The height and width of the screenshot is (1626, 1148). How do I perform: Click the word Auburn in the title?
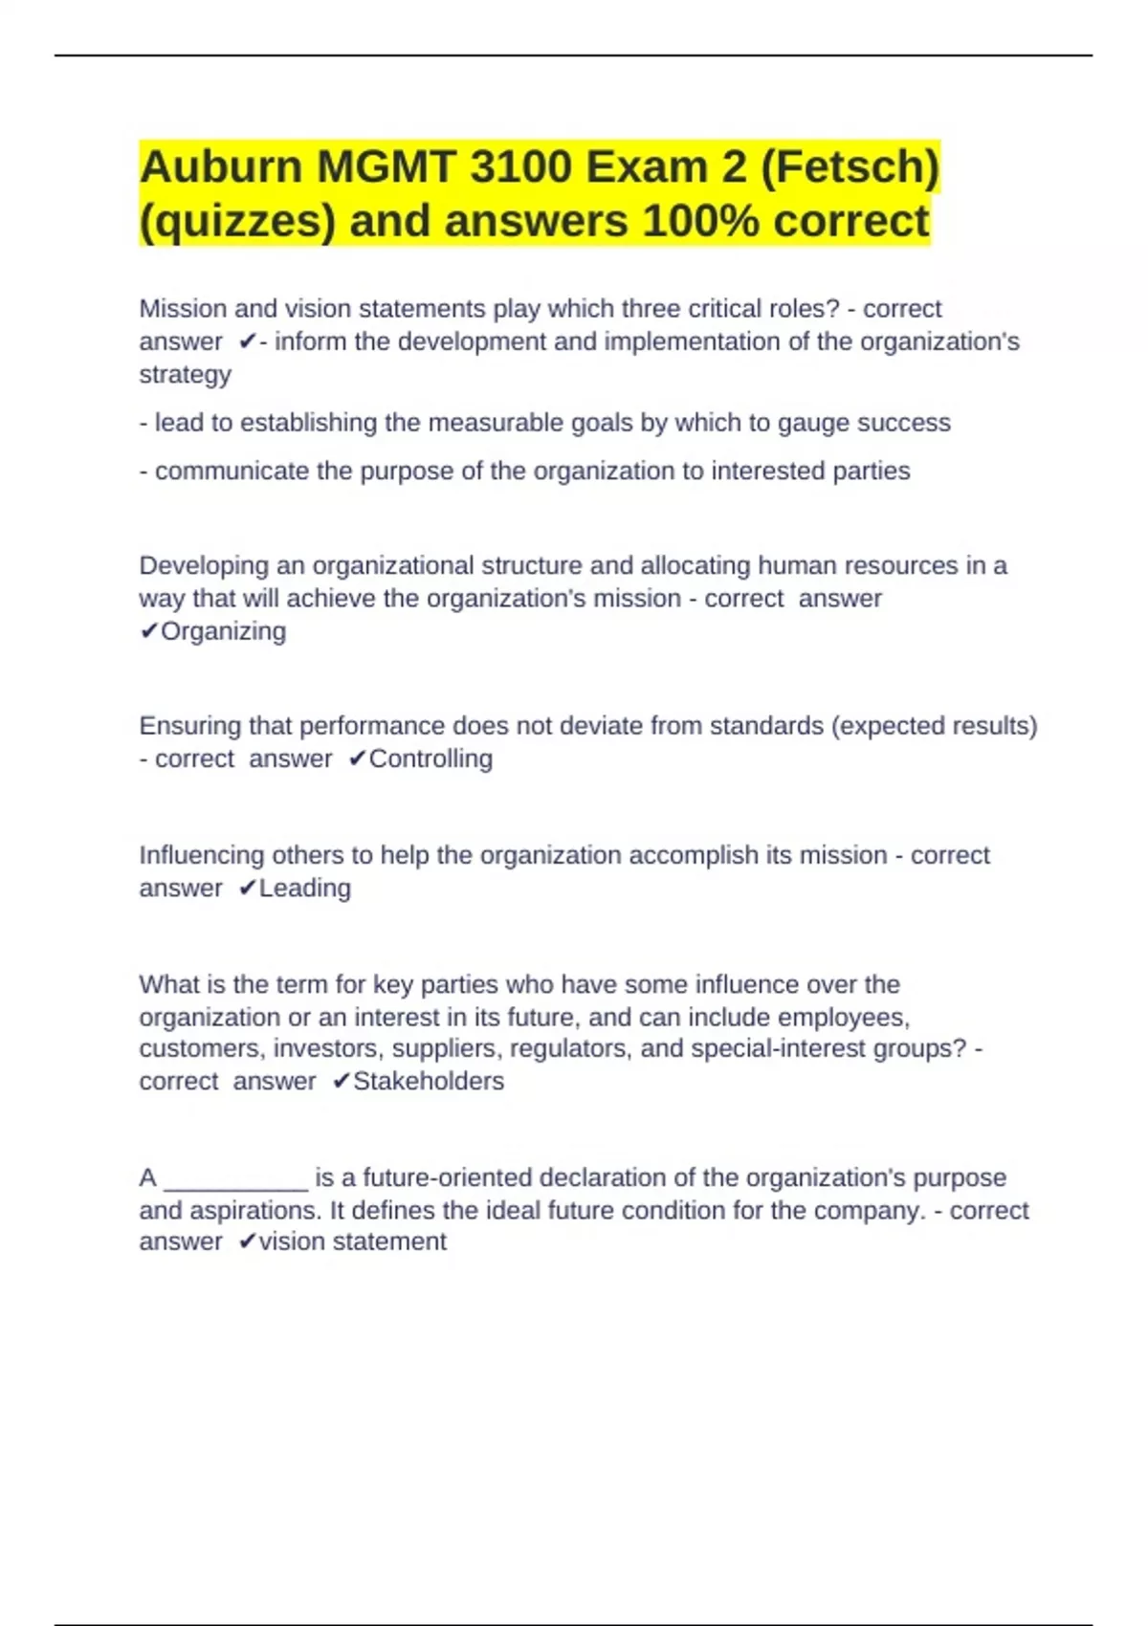pyautogui.click(x=221, y=167)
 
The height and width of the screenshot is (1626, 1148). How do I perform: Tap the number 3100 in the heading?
pyautogui.click(x=521, y=167)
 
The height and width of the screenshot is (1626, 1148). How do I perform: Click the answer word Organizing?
pyautogui.click(x=223, y=631)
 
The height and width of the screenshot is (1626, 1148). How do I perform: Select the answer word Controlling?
pyautogui.click(x=430, y=758)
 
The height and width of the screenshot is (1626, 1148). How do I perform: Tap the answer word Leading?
pyautogui.click(x=304, y=888)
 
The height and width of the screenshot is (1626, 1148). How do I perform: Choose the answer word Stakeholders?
pyautogui.click(x=428, y=1081)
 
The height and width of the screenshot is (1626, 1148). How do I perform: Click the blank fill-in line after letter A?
pyautogui.click(x=236, y=1180)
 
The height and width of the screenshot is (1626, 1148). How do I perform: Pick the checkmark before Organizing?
pyautogui.click(x=148, y=631)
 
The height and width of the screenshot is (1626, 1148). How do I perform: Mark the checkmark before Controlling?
pyautogui.click(x=357, y=758)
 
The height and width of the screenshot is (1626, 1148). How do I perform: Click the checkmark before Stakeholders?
pyautogui.click(x=342, y=1081)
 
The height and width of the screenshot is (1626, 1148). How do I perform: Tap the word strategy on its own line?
pyautogui.click(x=185, y=374)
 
